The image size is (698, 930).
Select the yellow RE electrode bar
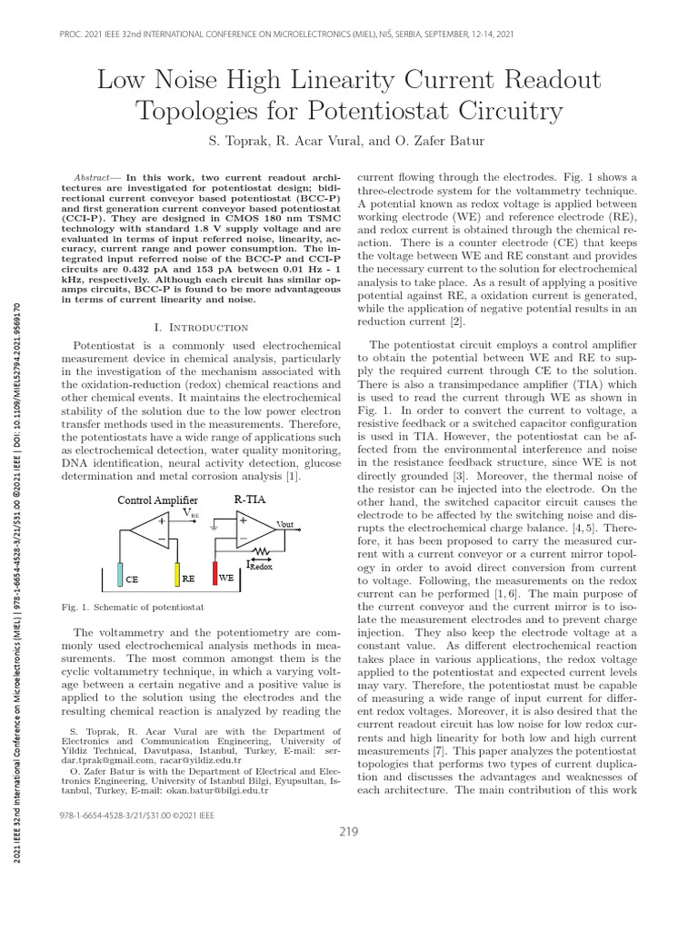pos(178,575)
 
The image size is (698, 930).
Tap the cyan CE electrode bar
pos(120,575)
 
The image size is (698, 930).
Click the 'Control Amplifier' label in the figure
pos(157,500)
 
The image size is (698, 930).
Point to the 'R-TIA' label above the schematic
pos(251,500)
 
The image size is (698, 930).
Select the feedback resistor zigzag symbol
pos(264,550)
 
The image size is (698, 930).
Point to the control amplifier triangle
pos(149,530)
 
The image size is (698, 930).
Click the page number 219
pos(349,832)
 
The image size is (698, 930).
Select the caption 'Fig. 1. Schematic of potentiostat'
pos(133,606)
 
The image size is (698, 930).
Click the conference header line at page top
pos(349,34)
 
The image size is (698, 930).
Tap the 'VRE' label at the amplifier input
pos(216,513)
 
